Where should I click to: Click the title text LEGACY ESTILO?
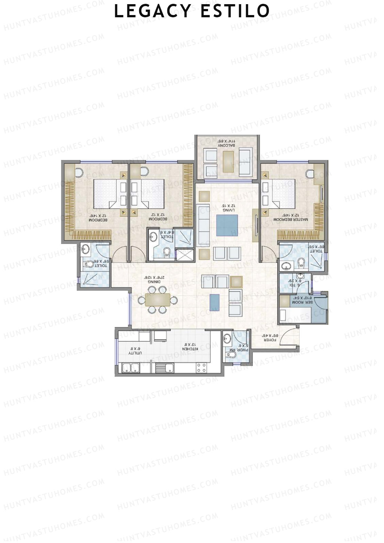point(192,11)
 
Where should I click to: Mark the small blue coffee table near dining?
point(215,302)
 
